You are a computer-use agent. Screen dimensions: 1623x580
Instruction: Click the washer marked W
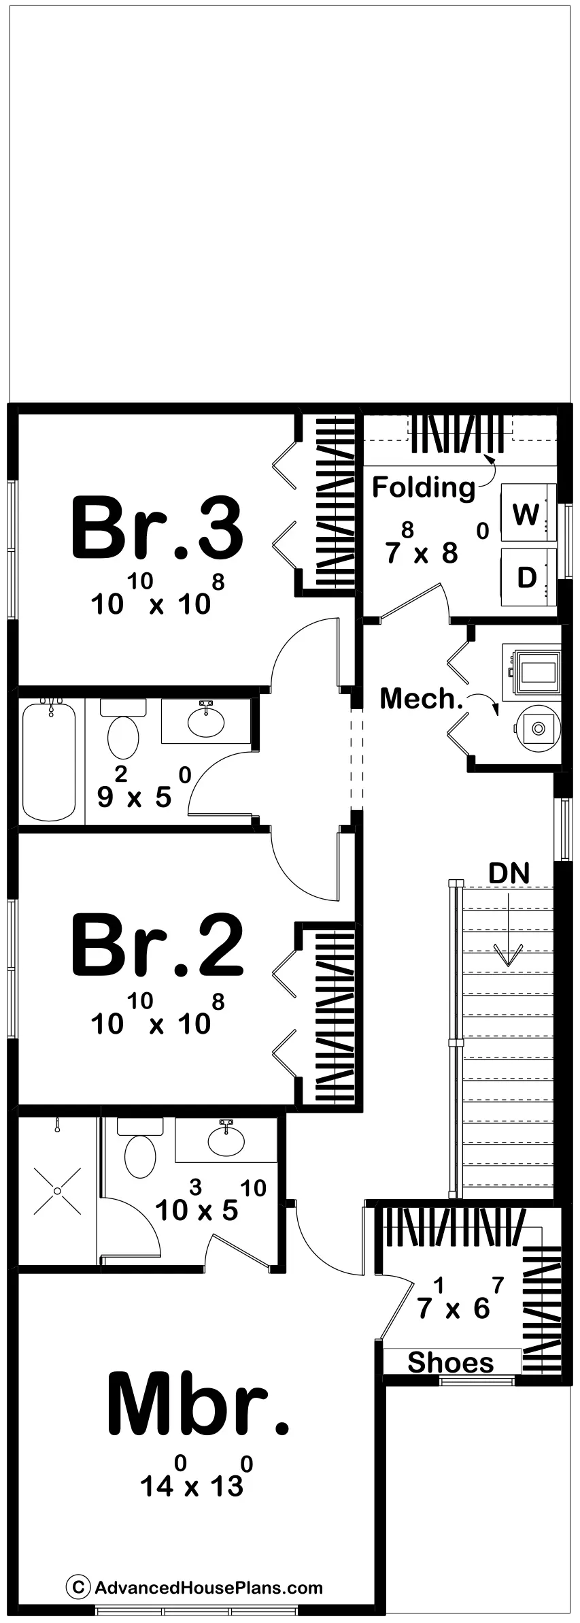click(526, 514)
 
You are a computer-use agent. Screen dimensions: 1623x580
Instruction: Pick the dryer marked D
click(526, 577)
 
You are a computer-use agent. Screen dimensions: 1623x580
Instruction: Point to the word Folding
click(423, 487)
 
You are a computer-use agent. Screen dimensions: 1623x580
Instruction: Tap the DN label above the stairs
click(509, 874)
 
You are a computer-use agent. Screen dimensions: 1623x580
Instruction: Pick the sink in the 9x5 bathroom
click(206, 722)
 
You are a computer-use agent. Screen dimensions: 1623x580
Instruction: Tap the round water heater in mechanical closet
click(538, 728)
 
